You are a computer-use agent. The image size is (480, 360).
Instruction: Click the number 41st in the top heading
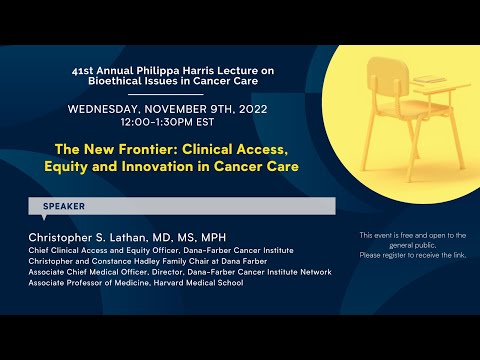(x=88, y=72)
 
